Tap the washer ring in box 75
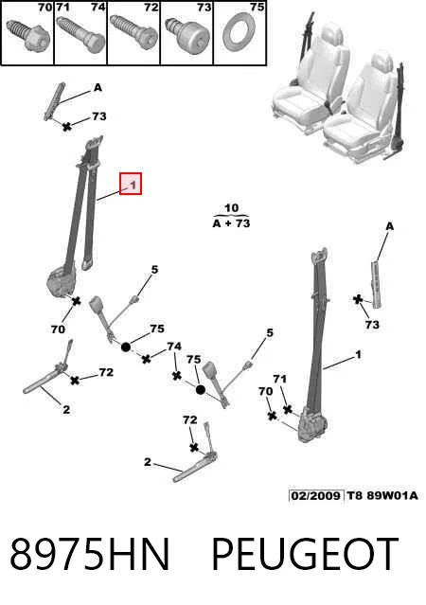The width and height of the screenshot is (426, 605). coord(240,31)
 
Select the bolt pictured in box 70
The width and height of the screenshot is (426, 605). coord(28,34)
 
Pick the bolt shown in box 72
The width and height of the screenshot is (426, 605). coord(133,33)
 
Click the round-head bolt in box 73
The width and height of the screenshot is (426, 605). coord(187,34)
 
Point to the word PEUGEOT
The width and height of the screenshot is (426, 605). coord(305,555)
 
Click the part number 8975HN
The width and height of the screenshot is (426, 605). coord(90,555)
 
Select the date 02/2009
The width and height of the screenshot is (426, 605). coord(316,495)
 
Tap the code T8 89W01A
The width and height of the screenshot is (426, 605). coord(382,495)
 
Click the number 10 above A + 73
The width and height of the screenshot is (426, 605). coord(231,208)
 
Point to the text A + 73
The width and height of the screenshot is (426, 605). coord(231,223)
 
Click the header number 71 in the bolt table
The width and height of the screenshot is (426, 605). coord(62,7)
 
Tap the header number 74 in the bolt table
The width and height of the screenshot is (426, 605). coord(98,7)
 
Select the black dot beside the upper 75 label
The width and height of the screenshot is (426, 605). coord(126,347)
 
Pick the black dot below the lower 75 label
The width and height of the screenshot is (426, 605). coord(201,390)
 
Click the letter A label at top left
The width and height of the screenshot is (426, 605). coord(98,88)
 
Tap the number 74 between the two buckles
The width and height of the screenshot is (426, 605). coord(174,347)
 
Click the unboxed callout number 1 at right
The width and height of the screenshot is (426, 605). coord(359,354)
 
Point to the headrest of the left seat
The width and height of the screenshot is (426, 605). coord(330,33)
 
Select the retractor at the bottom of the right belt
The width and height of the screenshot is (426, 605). coord(313,424)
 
